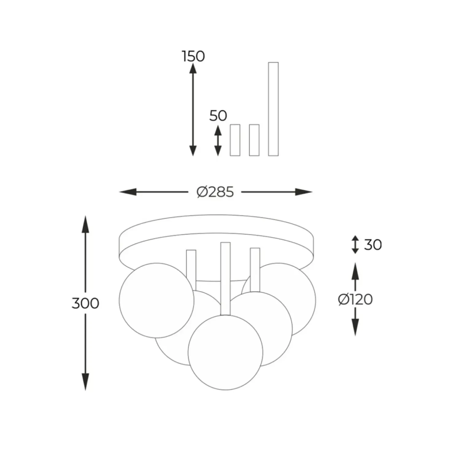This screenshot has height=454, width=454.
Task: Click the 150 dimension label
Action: coord(193,56)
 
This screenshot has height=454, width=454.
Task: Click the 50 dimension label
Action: coord(218,116)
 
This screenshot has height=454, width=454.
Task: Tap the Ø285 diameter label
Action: coord(215,192)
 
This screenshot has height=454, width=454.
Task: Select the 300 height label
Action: coord(85,303)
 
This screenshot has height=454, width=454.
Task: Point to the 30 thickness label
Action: coord(373,244)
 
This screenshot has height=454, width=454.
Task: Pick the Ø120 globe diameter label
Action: coord(356,299)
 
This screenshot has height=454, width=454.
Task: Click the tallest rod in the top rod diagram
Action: coord(273,109)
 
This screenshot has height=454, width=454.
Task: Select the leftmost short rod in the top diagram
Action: coord(235,140)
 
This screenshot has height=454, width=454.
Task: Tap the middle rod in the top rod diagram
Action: coord(254,140)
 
